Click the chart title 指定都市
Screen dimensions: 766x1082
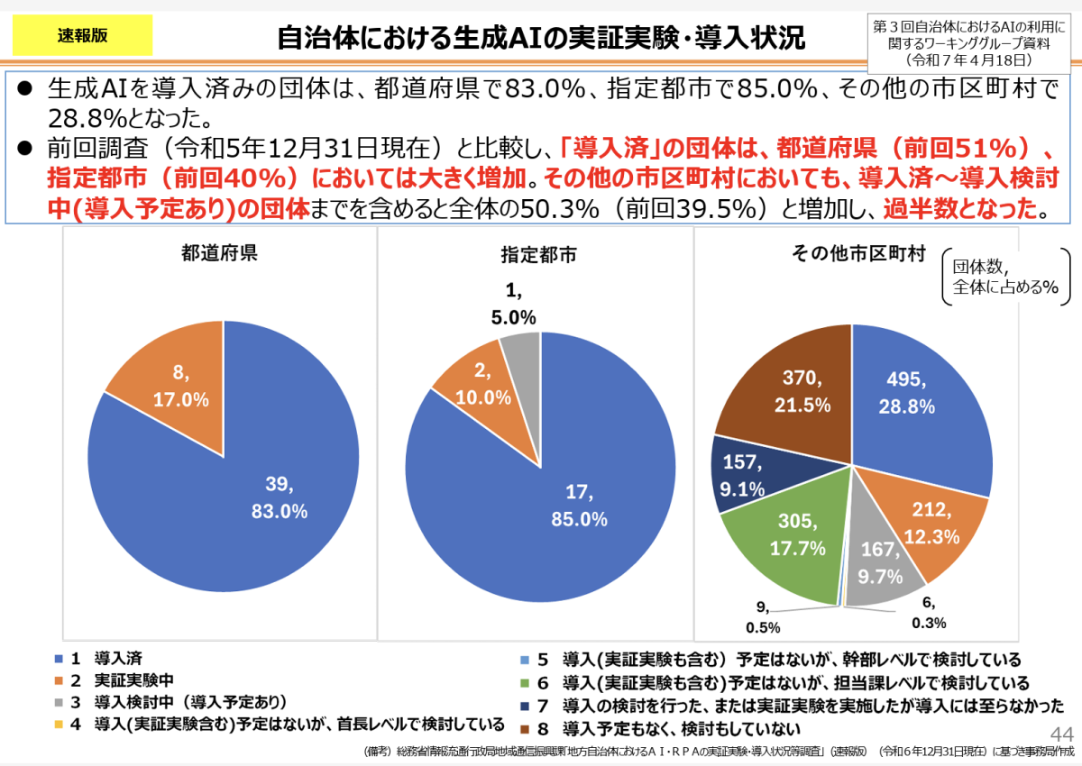tap(538, 255)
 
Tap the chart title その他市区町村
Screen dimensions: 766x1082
tap(857, 254)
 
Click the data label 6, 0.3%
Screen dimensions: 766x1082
tap(929, 612)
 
